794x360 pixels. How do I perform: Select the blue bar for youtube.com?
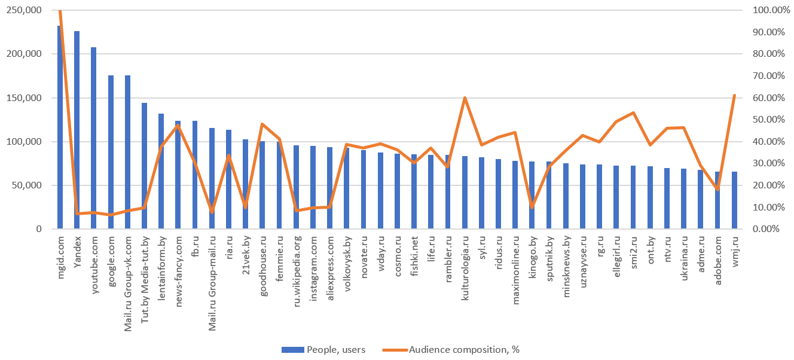[x=93, y=138]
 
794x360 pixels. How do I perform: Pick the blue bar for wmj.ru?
[x=734, y=201]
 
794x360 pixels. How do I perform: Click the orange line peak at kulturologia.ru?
[x=465, y=97]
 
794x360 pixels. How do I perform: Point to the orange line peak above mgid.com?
[x=60, y=11]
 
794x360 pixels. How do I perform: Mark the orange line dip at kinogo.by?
[x=532, y=207]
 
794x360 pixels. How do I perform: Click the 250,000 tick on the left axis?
[x=24, y=10]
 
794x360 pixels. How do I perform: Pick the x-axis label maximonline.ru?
[x=515, y=263]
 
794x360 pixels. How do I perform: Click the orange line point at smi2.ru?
[x=633, y=112]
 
